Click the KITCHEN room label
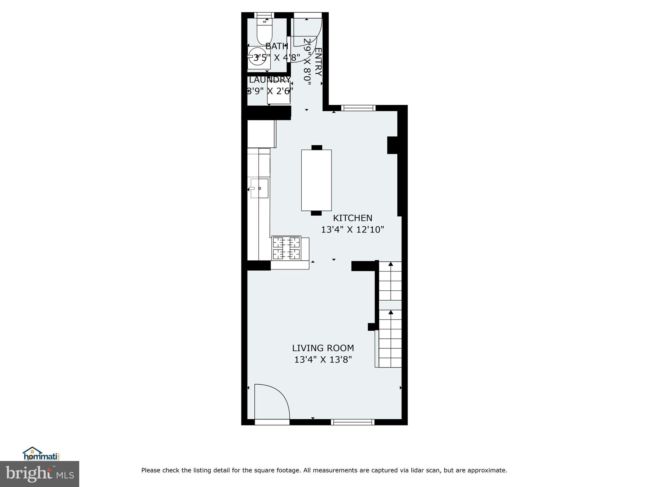pos(352,218)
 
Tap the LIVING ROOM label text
pos(323,348)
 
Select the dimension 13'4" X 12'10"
pos(352,230)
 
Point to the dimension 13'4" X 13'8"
pos(323,360)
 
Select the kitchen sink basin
pos(260,188)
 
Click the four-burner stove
pos(286,249)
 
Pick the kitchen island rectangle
pos(316,180)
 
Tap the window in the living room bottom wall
pos(352,422)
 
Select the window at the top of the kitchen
pos(358,108)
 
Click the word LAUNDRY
pos(269,79)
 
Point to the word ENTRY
pos(318,62)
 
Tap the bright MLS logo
pos(39,474)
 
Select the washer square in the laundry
pos(279,93)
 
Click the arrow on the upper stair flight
pos(390,264)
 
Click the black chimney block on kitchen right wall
pos(392,145)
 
